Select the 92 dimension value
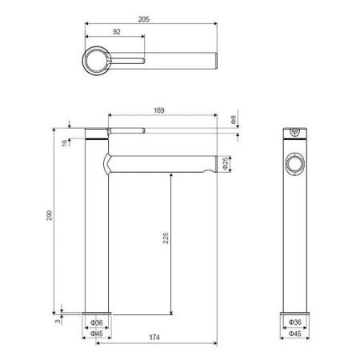(117, 34)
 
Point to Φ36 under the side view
(294, 323)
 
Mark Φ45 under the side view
(294, 333)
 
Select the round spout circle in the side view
(295, 164)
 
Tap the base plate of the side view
(295, 312)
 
